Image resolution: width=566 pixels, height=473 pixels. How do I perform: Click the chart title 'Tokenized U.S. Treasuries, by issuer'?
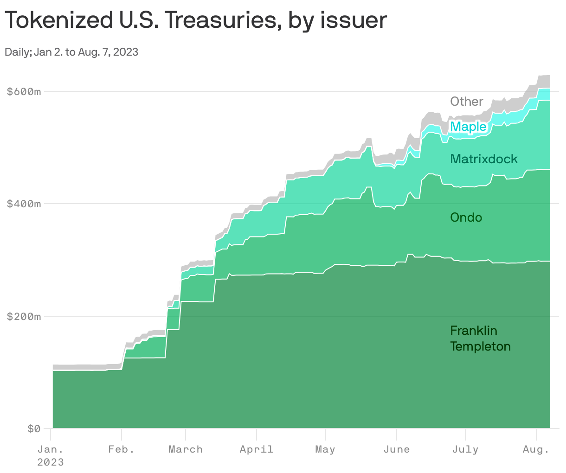195,20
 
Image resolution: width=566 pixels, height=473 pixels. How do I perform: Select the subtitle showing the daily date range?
71,52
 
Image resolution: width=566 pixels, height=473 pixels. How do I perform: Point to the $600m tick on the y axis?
24,91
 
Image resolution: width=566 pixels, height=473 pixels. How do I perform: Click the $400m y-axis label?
24,204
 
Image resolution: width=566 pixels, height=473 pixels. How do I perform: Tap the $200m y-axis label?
24,317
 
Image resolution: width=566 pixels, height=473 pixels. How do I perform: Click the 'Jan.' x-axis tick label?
50,449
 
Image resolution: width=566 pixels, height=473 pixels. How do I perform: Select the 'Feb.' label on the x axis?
121,449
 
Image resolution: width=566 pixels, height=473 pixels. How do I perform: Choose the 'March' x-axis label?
186,449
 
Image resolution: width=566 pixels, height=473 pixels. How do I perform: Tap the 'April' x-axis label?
257,449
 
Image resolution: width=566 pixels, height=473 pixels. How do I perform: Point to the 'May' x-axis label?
325,449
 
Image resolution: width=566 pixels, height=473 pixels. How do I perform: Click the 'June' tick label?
397,449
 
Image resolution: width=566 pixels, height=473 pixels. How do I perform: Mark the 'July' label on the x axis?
465,449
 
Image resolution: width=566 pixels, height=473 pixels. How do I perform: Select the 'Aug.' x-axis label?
536,449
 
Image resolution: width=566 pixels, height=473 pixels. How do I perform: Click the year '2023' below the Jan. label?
50,462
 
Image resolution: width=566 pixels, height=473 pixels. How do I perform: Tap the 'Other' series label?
467,102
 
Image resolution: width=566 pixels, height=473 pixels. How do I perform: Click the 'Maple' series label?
469,127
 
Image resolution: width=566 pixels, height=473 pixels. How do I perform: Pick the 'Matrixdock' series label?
484,159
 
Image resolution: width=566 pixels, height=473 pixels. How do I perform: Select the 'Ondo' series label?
466,217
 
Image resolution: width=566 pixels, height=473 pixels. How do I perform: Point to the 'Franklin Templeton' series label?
480,339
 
